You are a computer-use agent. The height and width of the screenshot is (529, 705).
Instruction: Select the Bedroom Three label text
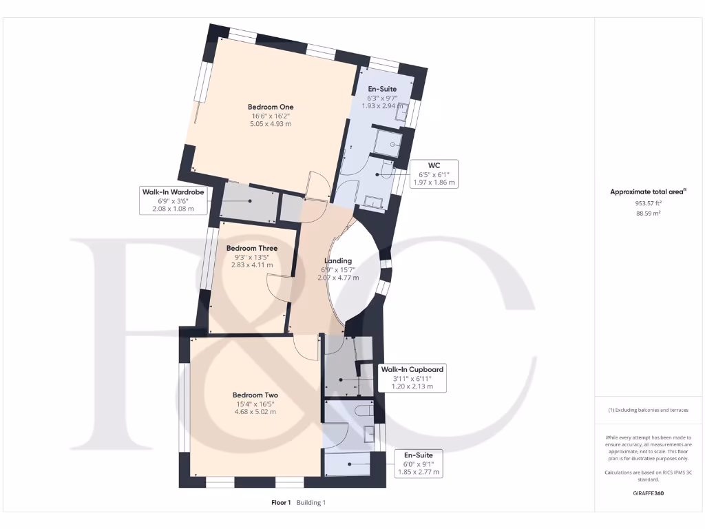point(252,248)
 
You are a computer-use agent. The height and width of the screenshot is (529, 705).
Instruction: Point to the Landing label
point(338,261)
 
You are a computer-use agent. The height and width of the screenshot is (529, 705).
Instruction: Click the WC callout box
point(433,174)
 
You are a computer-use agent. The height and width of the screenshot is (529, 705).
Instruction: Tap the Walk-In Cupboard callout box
point(412,377)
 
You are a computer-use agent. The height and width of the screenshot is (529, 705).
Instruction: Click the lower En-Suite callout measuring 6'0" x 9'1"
point(419,464)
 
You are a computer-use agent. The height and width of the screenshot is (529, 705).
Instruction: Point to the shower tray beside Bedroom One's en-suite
point(389,143)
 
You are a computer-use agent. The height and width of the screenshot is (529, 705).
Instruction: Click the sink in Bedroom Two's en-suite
point(370,433)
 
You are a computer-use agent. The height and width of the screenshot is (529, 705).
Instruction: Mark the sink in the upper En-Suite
point(401,112)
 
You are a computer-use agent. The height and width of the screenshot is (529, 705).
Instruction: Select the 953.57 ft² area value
point(649,204)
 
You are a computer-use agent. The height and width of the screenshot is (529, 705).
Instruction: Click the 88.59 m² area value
point(649,214)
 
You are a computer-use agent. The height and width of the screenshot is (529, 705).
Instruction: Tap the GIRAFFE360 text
point(648,493)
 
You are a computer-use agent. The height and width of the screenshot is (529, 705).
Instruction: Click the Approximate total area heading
point(647,192)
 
